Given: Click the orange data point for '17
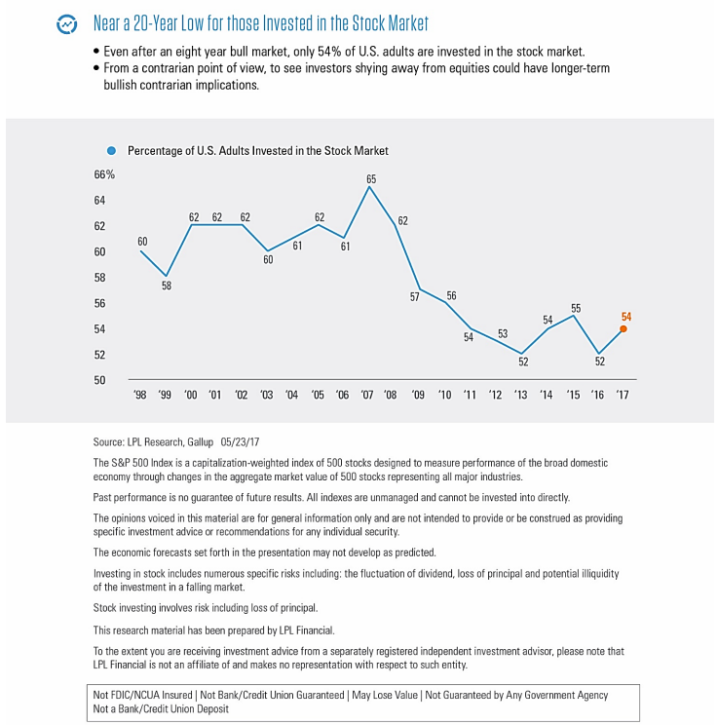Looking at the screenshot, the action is pyautogui.click(x=624, y=328).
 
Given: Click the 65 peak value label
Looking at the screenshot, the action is pyautogui.click(x=371, y=179).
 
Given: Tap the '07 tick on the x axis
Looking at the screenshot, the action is pyautogui.click(x=366, y=395).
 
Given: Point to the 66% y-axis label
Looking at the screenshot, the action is pyautogui.click(x=104, y=174).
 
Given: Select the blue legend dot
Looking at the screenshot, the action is pyautogui.click(x=111, y=151).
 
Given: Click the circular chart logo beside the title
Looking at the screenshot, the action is pyautogui.click(x=67, y=24).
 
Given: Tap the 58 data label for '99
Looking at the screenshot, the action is pyautogui.click(x=167, y=286).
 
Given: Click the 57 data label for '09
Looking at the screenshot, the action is pyautogui.click(x=415, y=297).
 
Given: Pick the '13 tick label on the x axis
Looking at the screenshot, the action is pyautogui.click(x=520, y=395).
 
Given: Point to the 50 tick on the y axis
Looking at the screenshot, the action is pyautogui.click(x=99, y=380).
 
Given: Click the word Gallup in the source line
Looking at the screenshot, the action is pyautogui.click(x=200, y=442).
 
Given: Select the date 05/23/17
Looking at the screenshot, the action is pyautogui.click(x=240, y=442).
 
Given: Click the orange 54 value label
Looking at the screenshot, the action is pyautogui.click(x=626, y=317).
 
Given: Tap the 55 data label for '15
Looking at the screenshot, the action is pyautogui.click(x=576, y=308).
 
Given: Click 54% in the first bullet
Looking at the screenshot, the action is pyautogui.click(x=329, y=52).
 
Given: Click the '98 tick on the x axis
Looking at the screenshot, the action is pyautogui.click(x=139, y=395).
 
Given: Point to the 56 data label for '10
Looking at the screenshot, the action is pyautogui.click(x=451, y=295).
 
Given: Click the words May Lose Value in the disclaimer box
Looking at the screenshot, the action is pyautogui.click(x=385, y=695).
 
